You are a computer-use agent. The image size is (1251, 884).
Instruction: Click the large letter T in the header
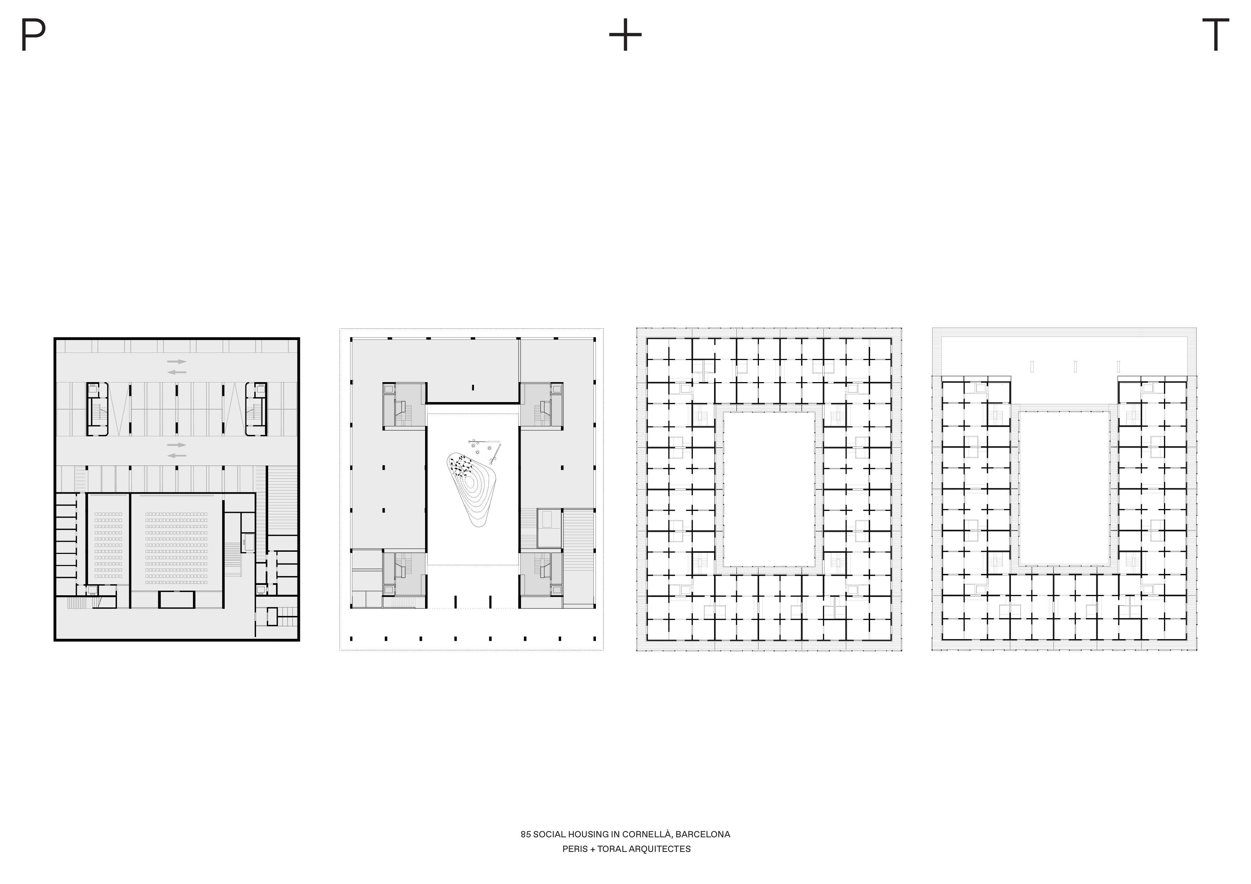(1216, 34)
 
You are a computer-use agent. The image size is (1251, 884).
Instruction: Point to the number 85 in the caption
(525, 834)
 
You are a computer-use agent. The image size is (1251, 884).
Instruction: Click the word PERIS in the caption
(575, 849)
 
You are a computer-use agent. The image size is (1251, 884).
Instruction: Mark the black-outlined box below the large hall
(177, 600)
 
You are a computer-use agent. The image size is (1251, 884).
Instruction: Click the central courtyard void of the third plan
(769, 489)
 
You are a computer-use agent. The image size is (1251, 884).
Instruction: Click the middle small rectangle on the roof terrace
(1075, 366)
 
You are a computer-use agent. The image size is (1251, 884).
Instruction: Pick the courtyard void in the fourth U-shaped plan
(1064, 488)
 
